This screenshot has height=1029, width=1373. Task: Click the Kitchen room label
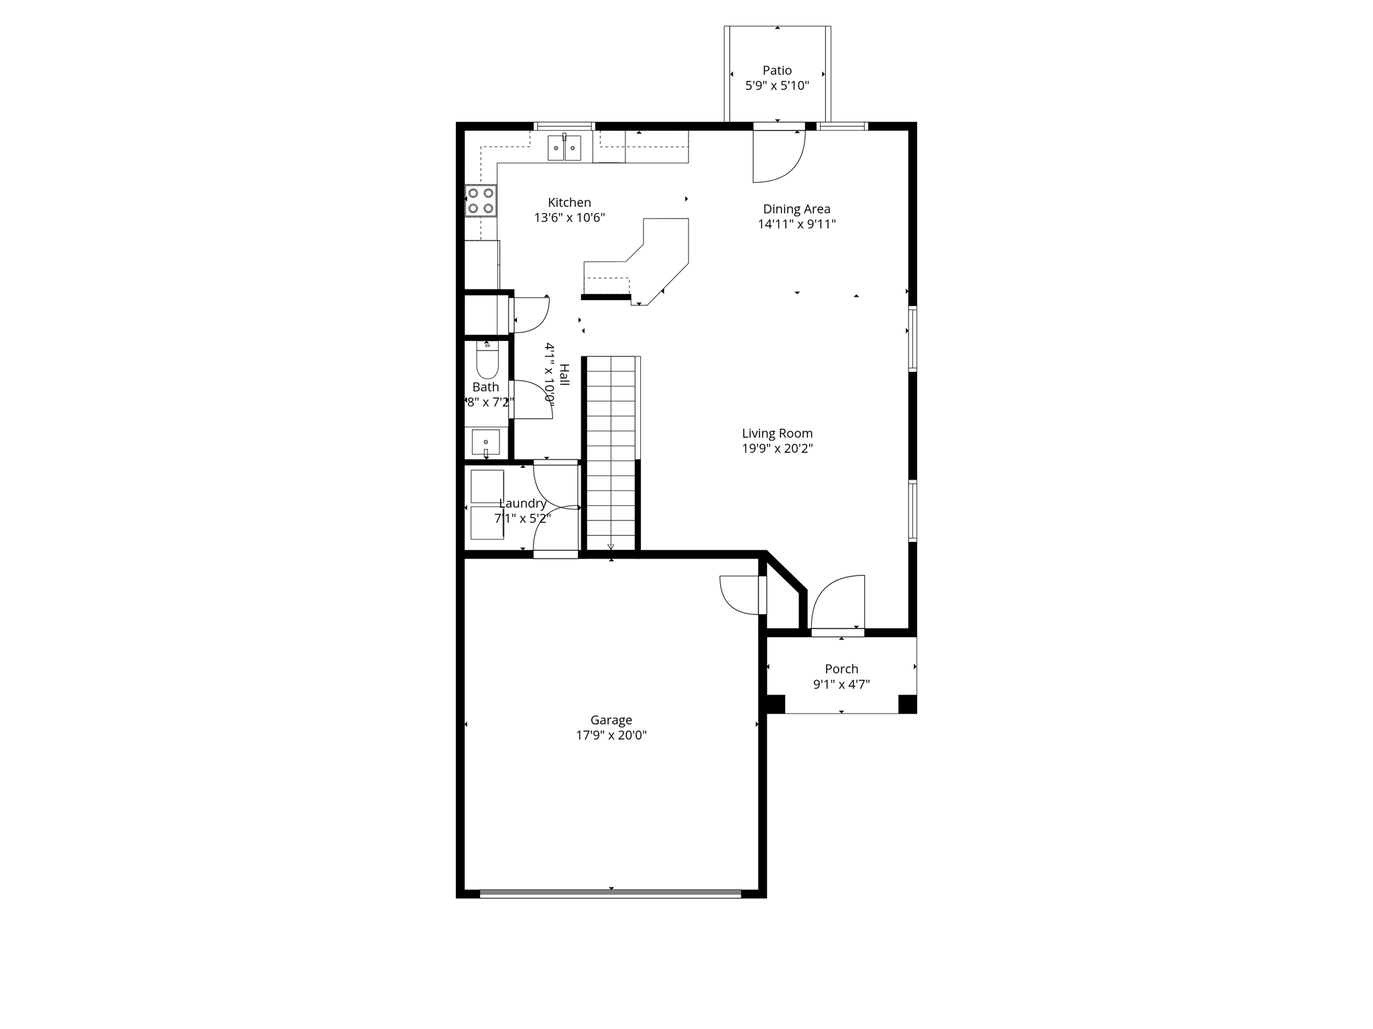[569, 202]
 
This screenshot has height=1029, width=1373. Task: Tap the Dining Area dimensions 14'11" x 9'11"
[796, 224]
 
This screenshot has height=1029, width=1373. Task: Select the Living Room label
[777, 433]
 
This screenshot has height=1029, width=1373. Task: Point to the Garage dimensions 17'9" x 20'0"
[611, 735]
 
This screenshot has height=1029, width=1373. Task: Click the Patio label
[777, 70]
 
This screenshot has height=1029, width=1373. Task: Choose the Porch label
[841, 669]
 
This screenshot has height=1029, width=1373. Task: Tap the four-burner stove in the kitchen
[481, 200]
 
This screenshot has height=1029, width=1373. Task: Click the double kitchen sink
[564, 148]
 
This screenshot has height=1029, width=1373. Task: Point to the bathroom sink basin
[485, 443]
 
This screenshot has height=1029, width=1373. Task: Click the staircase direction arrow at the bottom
[611, 546]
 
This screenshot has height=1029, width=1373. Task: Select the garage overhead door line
[611, 893]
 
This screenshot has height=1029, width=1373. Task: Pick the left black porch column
[776, 704]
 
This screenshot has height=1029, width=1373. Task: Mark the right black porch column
[907, 704]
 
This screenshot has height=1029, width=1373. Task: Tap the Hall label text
[564, 374]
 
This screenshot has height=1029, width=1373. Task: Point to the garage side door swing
[740, 595]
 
